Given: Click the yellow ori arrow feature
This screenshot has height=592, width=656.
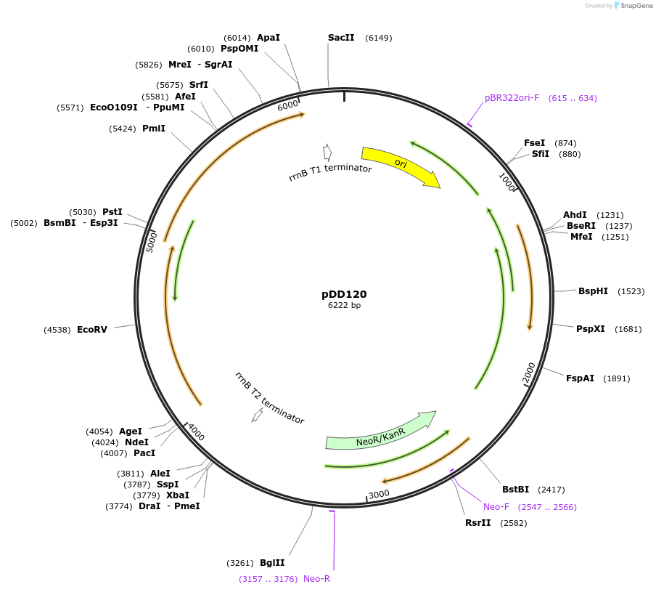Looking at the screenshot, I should [400, 165].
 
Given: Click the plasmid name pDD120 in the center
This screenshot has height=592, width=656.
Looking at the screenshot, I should [344, 294].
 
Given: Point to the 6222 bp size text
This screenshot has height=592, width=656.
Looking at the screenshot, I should [344, 306].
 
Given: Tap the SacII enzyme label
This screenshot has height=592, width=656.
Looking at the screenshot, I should [341, 38].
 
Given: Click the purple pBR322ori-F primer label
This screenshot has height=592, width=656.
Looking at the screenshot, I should [512, 98].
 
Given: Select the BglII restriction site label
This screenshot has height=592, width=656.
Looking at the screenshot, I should [272, 563].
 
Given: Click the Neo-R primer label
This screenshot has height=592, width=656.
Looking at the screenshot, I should [316, 579].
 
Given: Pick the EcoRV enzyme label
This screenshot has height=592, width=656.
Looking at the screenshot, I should [92, 330].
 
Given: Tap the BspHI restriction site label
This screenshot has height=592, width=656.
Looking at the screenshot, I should [593, 291].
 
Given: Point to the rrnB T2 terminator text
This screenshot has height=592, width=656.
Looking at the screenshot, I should [269, 398].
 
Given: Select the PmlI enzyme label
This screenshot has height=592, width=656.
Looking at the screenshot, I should [154, 129].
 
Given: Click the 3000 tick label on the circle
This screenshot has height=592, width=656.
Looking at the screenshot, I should [380, 495].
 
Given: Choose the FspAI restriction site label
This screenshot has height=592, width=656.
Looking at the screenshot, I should [580, 378].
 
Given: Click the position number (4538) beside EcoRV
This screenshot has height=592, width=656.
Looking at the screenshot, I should [57, 330].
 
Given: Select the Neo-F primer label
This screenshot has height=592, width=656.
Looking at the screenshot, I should [496, 507].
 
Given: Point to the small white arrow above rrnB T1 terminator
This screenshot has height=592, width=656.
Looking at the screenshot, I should [328, 152].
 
